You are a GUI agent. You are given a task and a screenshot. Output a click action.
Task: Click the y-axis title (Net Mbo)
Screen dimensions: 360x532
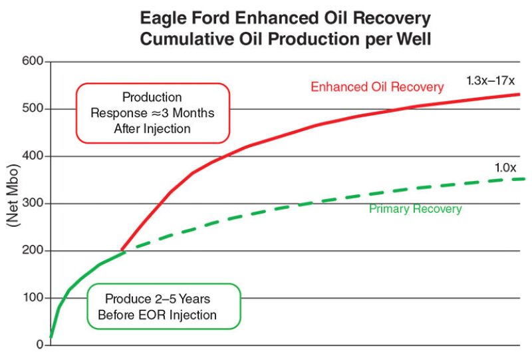[x=12, y=204]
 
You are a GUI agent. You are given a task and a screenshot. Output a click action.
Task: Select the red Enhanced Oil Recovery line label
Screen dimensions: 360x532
[x=377, y=87]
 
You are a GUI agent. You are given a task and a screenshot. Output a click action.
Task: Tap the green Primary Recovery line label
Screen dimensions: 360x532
[x=415, y=209]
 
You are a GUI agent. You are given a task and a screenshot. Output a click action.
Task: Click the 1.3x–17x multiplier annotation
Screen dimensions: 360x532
[x=491, y=81]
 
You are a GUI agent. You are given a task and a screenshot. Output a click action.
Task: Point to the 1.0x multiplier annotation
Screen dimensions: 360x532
[x=505, y=168]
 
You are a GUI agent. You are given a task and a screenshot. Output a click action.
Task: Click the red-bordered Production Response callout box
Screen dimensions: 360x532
[x=152, y=113]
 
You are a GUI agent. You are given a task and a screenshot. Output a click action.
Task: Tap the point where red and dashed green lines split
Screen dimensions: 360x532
[x=122, y=251]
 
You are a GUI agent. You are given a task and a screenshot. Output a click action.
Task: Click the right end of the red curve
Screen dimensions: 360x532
[x=519, y=94]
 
